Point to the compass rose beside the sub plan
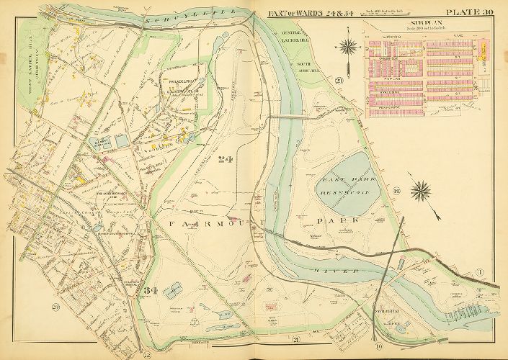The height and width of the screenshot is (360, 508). [x=349, y=48]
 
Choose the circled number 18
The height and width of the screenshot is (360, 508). [x=396, y=190]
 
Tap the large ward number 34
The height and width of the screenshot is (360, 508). [x=150, y=290]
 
